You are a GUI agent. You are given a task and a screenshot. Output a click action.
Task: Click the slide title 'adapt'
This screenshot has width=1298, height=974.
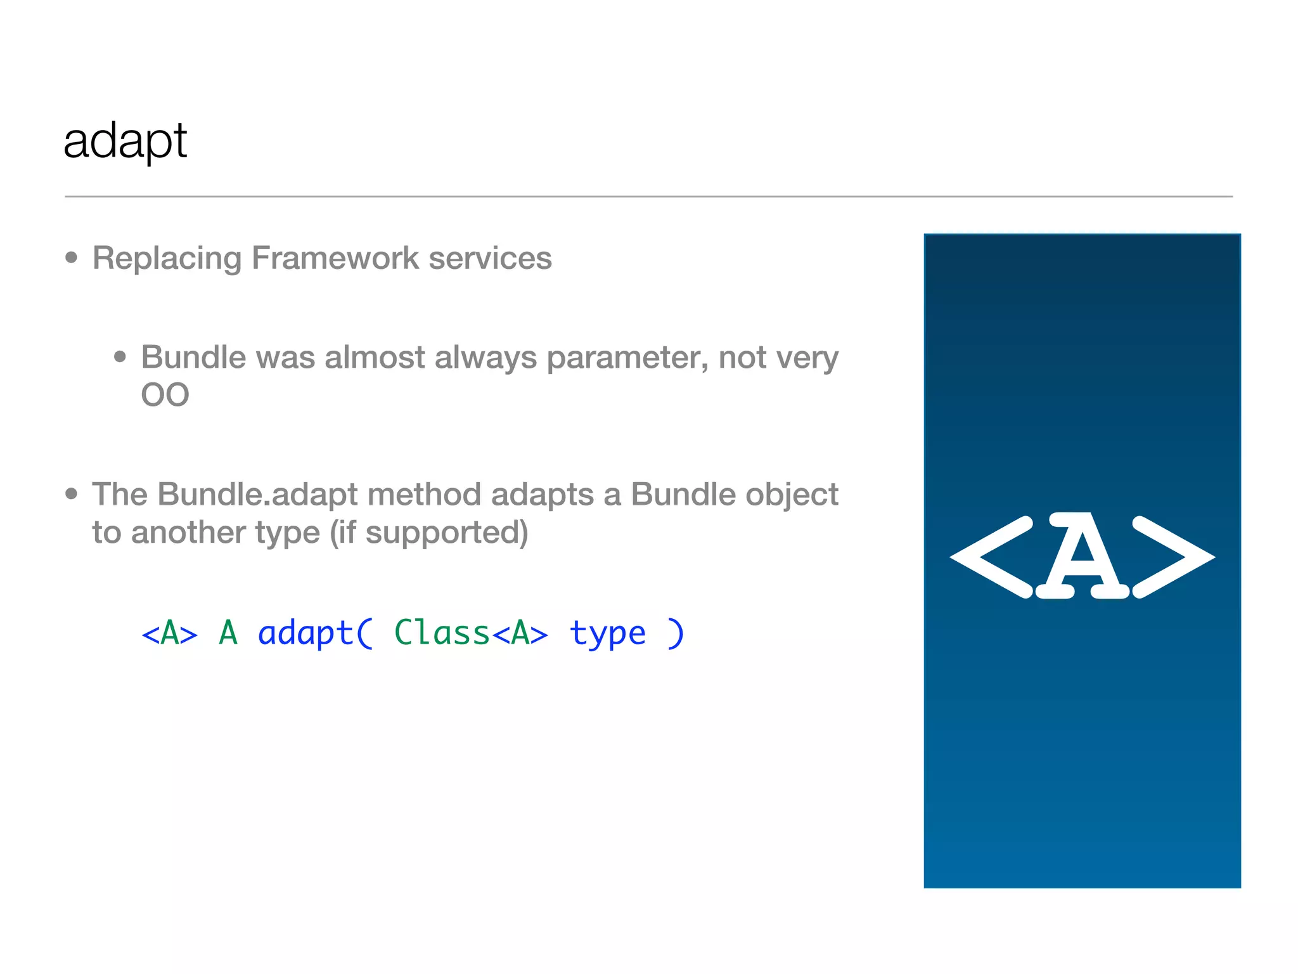(x=125, y=141)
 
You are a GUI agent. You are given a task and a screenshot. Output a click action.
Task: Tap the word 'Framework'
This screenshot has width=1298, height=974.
(x=335, y=259)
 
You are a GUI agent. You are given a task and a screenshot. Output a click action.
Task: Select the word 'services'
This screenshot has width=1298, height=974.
(x=490, y=259)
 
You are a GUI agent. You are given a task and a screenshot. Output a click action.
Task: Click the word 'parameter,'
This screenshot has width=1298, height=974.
(x=627, y=357)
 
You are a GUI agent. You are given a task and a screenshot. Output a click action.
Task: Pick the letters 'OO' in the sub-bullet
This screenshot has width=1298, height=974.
(x=165, y=395)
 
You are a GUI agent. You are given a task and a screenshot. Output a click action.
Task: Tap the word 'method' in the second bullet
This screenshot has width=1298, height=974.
(x=424, y=495)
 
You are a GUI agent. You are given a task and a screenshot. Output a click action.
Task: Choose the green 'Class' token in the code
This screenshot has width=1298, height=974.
(x=442, y=633)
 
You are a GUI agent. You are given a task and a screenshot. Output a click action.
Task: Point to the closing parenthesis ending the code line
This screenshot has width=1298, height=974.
(x=676, y=633)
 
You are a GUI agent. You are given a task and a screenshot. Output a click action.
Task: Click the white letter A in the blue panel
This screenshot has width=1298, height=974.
(x=1083, y=556)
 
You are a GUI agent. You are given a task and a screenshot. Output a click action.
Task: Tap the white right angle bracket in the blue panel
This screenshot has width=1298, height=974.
(x=1173, y=557)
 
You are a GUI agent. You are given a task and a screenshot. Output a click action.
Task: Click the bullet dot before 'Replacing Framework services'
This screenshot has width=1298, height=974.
(x=72, y=257)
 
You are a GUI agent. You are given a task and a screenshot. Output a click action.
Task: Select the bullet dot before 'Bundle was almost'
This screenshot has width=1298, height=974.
(x=120, y=356)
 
